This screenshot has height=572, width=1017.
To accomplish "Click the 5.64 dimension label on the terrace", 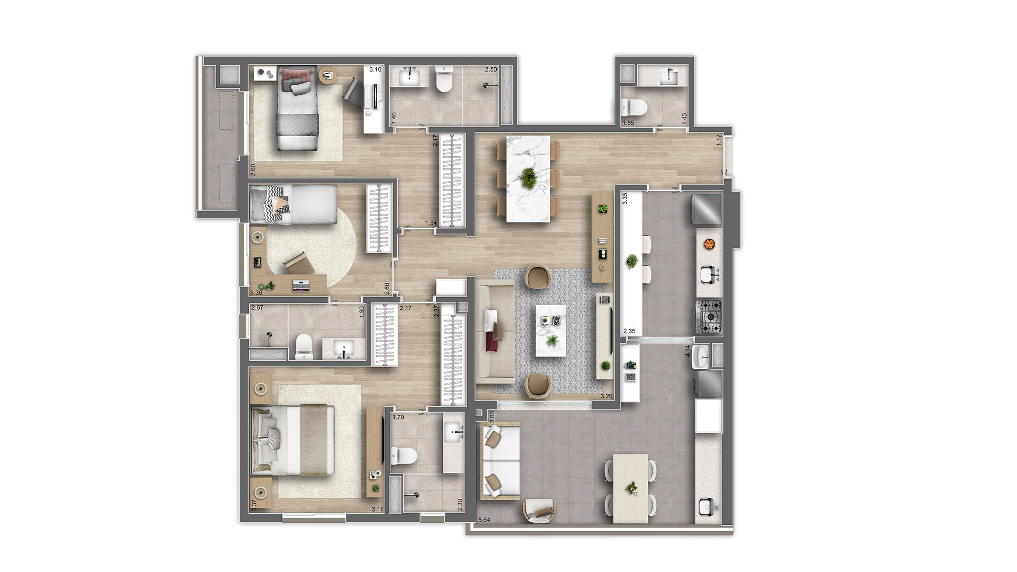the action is coord(484,520).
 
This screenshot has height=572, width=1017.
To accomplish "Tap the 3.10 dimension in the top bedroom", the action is coord(376,69).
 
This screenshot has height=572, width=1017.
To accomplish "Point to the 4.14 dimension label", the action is coord(688,351).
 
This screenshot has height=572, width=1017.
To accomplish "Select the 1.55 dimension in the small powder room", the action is coord(628,123).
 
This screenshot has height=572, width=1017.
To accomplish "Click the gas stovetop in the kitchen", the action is coord(709,317).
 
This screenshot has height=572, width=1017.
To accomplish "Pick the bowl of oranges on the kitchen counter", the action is coord(709,244).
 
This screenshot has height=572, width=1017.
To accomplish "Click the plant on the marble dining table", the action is coord(528,178).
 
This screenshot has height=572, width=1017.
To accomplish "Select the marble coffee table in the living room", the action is coord(550,330).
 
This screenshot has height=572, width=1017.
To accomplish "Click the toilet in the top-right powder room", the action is coord(634,108).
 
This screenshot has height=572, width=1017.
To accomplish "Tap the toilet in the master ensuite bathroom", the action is coord(404,455).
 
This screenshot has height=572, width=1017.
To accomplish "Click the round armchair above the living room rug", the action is coord(538,277).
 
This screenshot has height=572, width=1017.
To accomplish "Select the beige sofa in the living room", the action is coord(495,332).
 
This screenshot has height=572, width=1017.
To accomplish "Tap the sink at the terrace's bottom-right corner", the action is coord(708,507).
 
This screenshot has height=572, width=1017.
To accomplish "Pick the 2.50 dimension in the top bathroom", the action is coord(491,69).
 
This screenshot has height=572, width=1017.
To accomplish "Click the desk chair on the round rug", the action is coord(297,262).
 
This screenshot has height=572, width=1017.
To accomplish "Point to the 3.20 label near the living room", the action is coord(606,396).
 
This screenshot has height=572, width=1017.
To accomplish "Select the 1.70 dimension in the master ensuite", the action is coord(398,417).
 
